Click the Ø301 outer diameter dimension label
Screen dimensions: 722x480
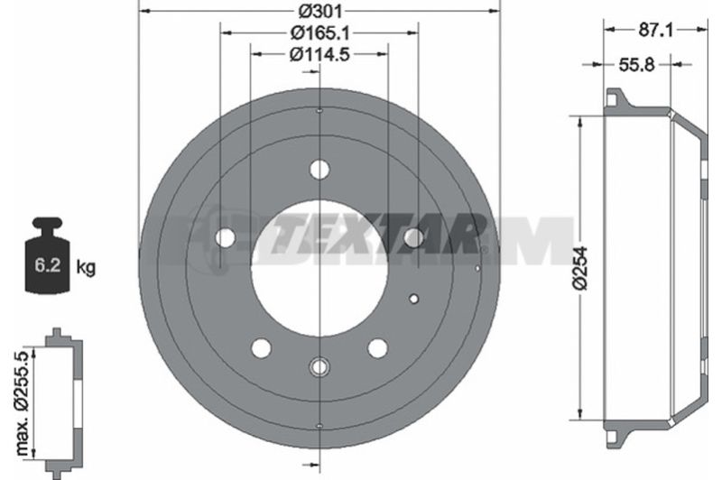pyautogui.click(x=319, y=10)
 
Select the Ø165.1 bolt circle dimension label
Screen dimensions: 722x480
pyautogui.click(x=319, y=32)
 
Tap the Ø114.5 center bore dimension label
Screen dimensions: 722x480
pyautogui.click(x=319, y=54)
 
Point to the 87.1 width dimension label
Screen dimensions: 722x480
pyautogui.click(x=655, y=31)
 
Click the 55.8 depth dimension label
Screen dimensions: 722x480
pyautogui.click(x=636, y=65)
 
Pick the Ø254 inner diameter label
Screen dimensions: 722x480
pyautogui.click(x=580, y=268)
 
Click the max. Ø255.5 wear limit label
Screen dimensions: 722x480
pyautogui.click(x=23, y=402)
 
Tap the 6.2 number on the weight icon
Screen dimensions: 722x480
pyautogui.click(x=48, y=265)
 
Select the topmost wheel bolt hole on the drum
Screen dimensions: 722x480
pyautogui.click(x=319, y=170)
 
